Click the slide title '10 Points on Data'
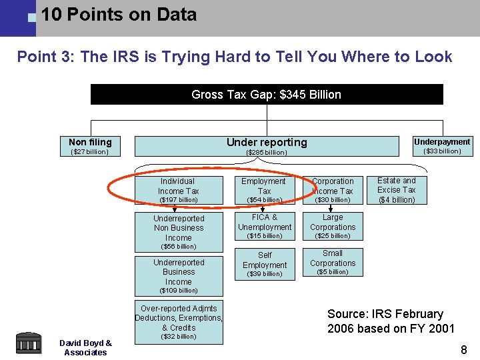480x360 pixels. pyautogui.click(x=119, y=15)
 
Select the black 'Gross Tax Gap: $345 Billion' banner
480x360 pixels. pyautogui.click(x=267, y=95)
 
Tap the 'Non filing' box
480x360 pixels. pyautogui.click(x=90, y=146)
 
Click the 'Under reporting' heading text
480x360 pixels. pyautogui.click(x=267, y=142)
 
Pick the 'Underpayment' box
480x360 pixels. pyautogui.click(x=442, y=146)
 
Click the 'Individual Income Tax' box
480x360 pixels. pyautogui.click(x=178, y=189)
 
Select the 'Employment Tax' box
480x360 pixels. pyautogui.click(x=264, y=189)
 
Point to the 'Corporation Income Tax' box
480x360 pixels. pyautogui.click(x=333, y=190)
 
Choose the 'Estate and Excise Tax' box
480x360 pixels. pyautogui.click(x=397, y=189)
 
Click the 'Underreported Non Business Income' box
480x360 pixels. pyautogui.click(x=178, y=228)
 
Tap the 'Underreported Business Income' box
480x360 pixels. pyautogui.click(x=178, y=272)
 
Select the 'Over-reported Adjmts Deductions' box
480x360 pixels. pyautogui.click(x=178, y=319)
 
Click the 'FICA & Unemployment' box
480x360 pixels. pyautogui.click(x=264, y=227)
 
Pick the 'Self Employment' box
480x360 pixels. pyautogui.click(x=264, y=264)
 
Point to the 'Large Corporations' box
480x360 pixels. pyautogui.click(x=333, y=227)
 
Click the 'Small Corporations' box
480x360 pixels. pyautogui.click(x=333, y=262)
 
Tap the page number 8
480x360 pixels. pyautogui.click(x=464, y=349)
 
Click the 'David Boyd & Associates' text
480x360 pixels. pyautogui.click(x=85, y=347)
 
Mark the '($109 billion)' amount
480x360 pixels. pyautogui.click(x=179, y=291)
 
